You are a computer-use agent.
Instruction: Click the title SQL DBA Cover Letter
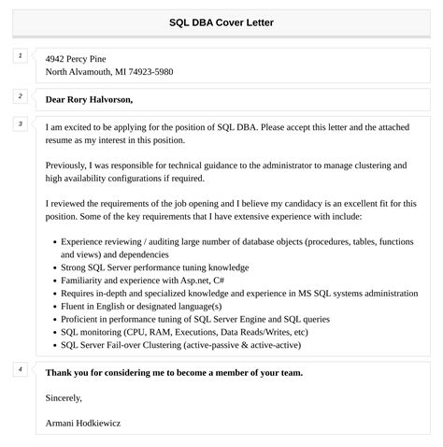pyautogui.click(x=221, y=22)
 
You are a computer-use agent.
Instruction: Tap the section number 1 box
pyautogui.click(x=21, y=56)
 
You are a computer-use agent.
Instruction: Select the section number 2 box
pyautogui.click(x=21, y=96)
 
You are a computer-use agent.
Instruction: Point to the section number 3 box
pyautogui.click(x=21, y=124)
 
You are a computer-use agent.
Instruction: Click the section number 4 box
pyautogui.click(x=21, y=370)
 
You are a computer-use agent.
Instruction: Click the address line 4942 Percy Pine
pyautogui.click(x=83, y=58)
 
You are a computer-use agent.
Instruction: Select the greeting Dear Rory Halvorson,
pyautogui.click(x=89, y=99)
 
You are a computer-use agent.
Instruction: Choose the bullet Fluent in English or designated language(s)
pyautogui.click(x=141, y=306)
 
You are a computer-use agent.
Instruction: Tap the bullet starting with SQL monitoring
pyautogui.click(x=184, y=332)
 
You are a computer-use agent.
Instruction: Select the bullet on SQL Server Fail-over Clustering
pyautogui.click(x=193, y=345)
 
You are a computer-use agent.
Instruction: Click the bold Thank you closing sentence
pyautogui.click(x=174, y=372)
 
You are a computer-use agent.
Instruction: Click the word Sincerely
pyautogui.click(x=64, y=397)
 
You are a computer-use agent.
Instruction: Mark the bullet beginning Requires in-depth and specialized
pyautogui.click(x=239, y=293)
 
